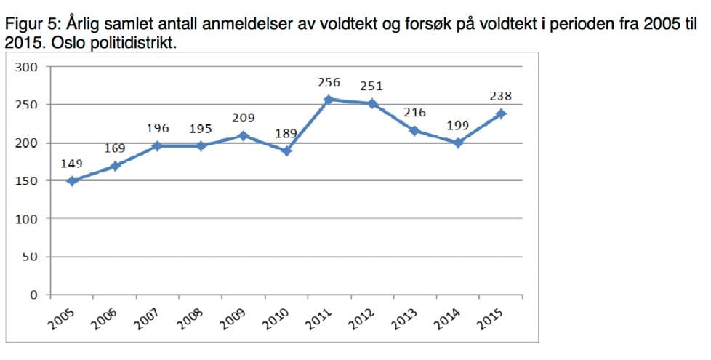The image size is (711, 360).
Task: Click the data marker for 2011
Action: (329, 100)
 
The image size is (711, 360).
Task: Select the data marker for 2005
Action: (71, 181)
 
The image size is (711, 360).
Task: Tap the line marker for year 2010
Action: (286, 151)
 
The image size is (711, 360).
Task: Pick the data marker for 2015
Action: (501, 113)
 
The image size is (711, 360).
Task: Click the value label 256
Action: (329, 82)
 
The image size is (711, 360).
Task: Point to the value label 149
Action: (71, 164)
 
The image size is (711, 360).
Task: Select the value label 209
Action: (243, 118)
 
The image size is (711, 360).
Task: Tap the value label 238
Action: (501, 95)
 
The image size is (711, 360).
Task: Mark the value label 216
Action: (414, 113)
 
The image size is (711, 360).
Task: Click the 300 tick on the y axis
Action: (26, 67)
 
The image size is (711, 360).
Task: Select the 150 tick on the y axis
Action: (26, 181)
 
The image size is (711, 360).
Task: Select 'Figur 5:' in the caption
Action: (28, 23)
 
